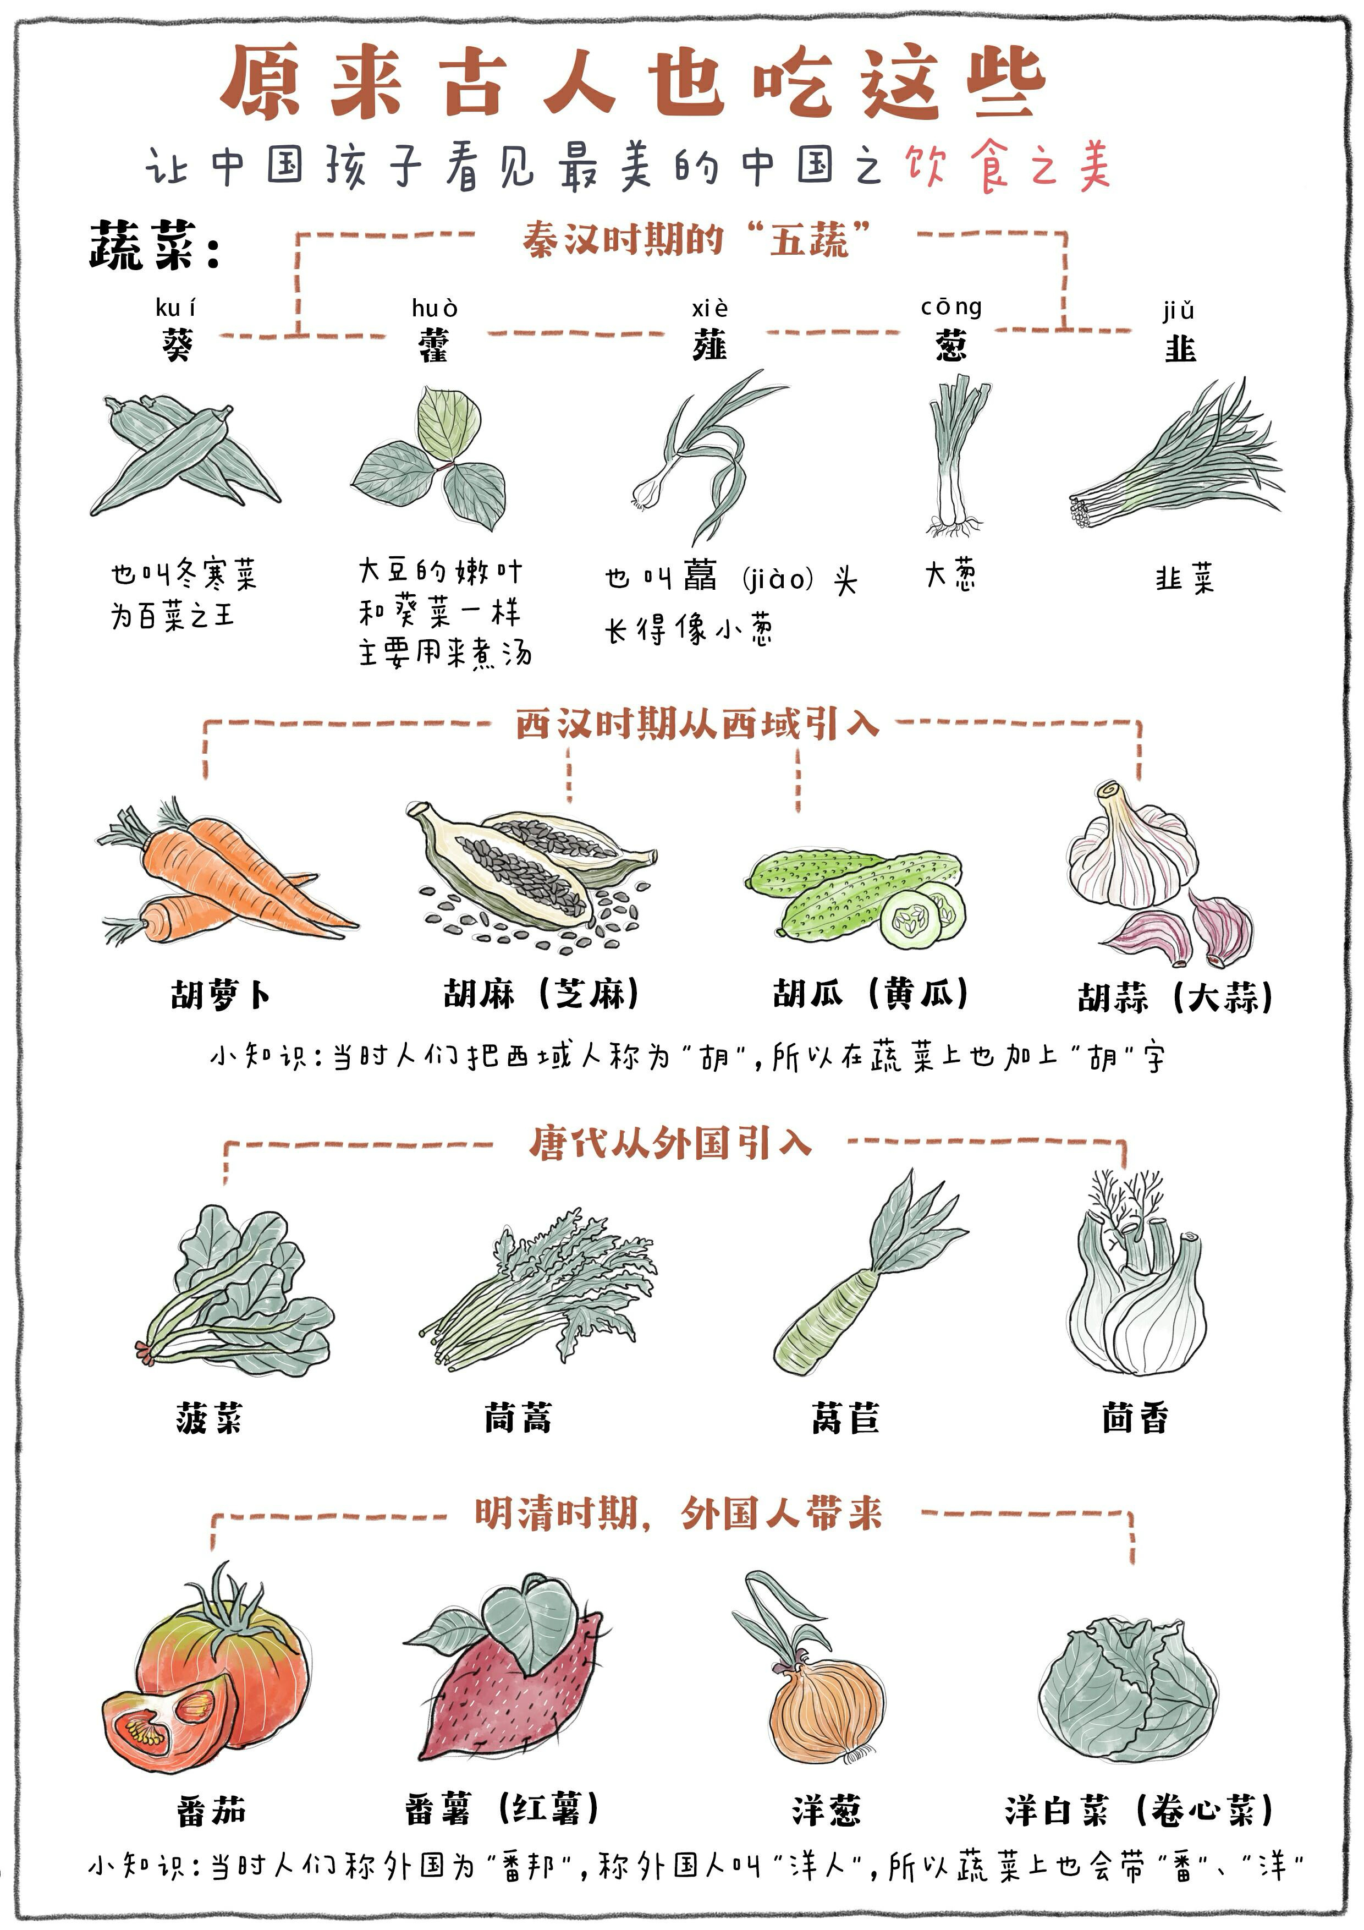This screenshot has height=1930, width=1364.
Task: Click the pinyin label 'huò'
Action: pyautogui.click(x=435, y=309)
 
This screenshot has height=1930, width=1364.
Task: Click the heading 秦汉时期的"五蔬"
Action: pyautogui.click(x=695, y=239)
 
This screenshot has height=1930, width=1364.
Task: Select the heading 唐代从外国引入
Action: pyautogui.click(x=670, y=1143)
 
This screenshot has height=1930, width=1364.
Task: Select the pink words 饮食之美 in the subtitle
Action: pyautogui.click(x=1009, y=164)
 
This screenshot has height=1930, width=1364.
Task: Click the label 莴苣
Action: pyautogui.click(x=845, y=1418)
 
